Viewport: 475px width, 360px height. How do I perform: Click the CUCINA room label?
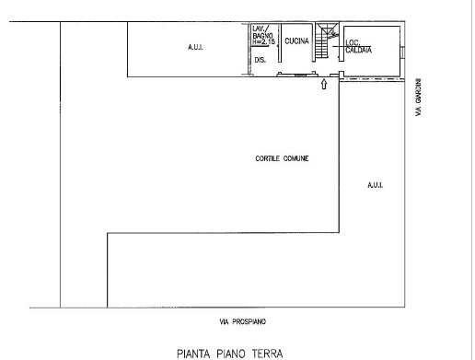point(296,41)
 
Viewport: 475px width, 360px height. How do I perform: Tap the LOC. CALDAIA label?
point(358,47)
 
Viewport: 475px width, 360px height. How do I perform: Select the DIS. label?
point(261,60)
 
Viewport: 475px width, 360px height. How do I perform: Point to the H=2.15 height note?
point(264,41)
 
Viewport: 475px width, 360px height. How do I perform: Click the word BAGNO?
point(262,36)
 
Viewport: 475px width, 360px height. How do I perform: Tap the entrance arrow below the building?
point(324,84)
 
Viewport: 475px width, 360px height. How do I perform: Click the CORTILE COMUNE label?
point(282,158)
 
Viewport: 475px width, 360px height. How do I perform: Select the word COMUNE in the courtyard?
point(295,158)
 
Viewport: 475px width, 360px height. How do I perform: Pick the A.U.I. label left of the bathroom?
point(195,47)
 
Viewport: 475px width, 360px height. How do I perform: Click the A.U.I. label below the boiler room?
point(375,185)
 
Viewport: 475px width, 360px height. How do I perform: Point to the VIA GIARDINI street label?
point(419,98)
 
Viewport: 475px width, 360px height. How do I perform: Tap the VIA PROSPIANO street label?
point(242,321)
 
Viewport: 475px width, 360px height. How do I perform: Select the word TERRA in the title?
point(267,354)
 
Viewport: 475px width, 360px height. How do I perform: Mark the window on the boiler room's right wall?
point(402,52)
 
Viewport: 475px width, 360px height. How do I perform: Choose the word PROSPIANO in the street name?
point(249,321)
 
